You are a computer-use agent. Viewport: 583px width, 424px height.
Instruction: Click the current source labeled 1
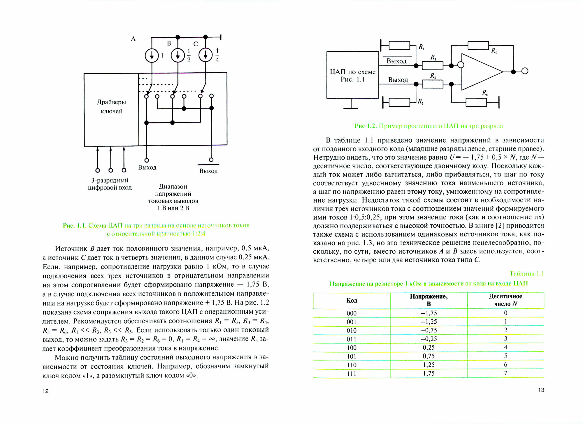[x=152, y=55]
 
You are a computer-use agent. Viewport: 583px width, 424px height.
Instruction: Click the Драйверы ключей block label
[x=111, y=107]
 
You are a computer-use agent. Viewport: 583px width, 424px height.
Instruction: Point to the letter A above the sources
[x=133, y=39]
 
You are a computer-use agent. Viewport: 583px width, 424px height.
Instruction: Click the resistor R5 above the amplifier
[x=478, y=46]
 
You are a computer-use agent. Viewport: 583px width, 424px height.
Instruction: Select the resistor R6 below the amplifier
[x=476, y=102]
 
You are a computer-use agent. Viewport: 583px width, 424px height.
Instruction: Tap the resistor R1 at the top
[x=399, y=46]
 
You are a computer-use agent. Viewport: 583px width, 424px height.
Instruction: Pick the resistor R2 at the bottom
[x=399, y=102]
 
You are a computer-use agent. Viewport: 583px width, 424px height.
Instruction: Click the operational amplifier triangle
[x=480, y=71]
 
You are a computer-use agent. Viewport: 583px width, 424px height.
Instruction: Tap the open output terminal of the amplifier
[x=525, y=71]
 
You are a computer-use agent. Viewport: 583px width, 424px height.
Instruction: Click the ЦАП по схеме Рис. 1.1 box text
[x=352, y=76]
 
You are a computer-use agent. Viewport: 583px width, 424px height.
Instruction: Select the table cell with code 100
[x=352, y=348]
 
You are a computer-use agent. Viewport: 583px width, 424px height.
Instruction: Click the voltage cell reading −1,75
[x=429, y=313]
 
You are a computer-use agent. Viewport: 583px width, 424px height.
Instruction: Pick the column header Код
[x=352, y=301]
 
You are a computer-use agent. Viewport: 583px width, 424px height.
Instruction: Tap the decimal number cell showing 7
[x=505, y=373]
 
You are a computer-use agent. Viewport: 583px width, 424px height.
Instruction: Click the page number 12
[x=45, y=391]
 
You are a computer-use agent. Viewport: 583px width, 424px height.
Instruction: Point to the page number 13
[x=541, y=390]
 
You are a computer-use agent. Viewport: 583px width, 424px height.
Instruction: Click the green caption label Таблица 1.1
[x=526, y=273]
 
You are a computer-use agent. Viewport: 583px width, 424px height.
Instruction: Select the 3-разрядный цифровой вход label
[x=110, y=184]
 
